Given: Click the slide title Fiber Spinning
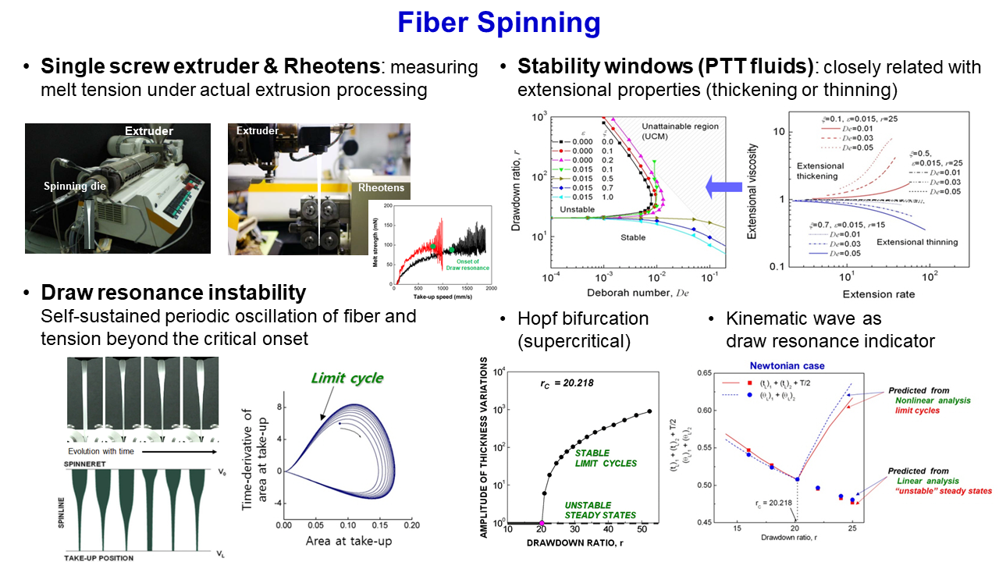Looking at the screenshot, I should click(499, 23).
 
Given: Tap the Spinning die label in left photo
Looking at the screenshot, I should click(75, 187).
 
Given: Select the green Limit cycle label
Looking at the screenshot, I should click(347, 378).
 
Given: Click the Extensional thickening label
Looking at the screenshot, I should click(821, 171).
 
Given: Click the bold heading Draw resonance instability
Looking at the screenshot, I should click(173, 293).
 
